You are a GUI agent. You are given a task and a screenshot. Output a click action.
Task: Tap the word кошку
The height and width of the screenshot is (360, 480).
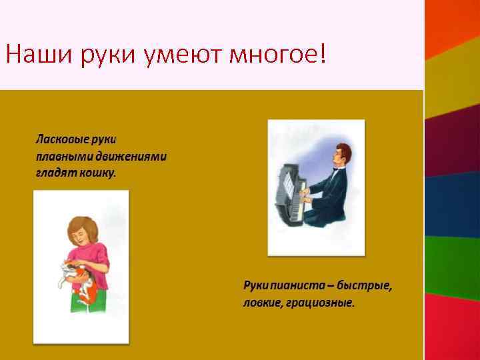tap(100, 173)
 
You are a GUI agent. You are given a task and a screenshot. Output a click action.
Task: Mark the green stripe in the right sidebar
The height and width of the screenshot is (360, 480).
tap(453, 263)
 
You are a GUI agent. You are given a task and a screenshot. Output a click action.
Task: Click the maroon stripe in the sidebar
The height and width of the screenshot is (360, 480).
tap(453, 140)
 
